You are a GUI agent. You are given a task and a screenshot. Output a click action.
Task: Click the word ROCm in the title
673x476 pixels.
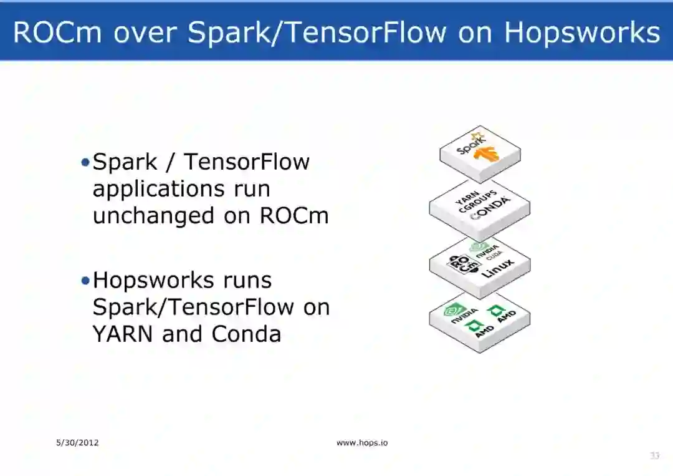coord(58,32)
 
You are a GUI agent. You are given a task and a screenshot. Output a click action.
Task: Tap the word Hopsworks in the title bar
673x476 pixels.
coord(581,32)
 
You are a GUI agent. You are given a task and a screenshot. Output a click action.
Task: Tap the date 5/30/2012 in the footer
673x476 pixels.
coord(77,443)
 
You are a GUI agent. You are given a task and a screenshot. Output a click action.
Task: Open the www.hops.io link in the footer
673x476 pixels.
coord(362,443)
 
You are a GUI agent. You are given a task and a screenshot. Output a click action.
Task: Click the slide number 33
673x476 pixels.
coord(654,456)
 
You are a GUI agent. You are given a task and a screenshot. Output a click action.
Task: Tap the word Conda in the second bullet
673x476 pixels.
coord(246,334)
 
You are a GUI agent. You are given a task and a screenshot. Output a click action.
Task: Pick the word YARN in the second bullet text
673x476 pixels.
coord(123,334)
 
